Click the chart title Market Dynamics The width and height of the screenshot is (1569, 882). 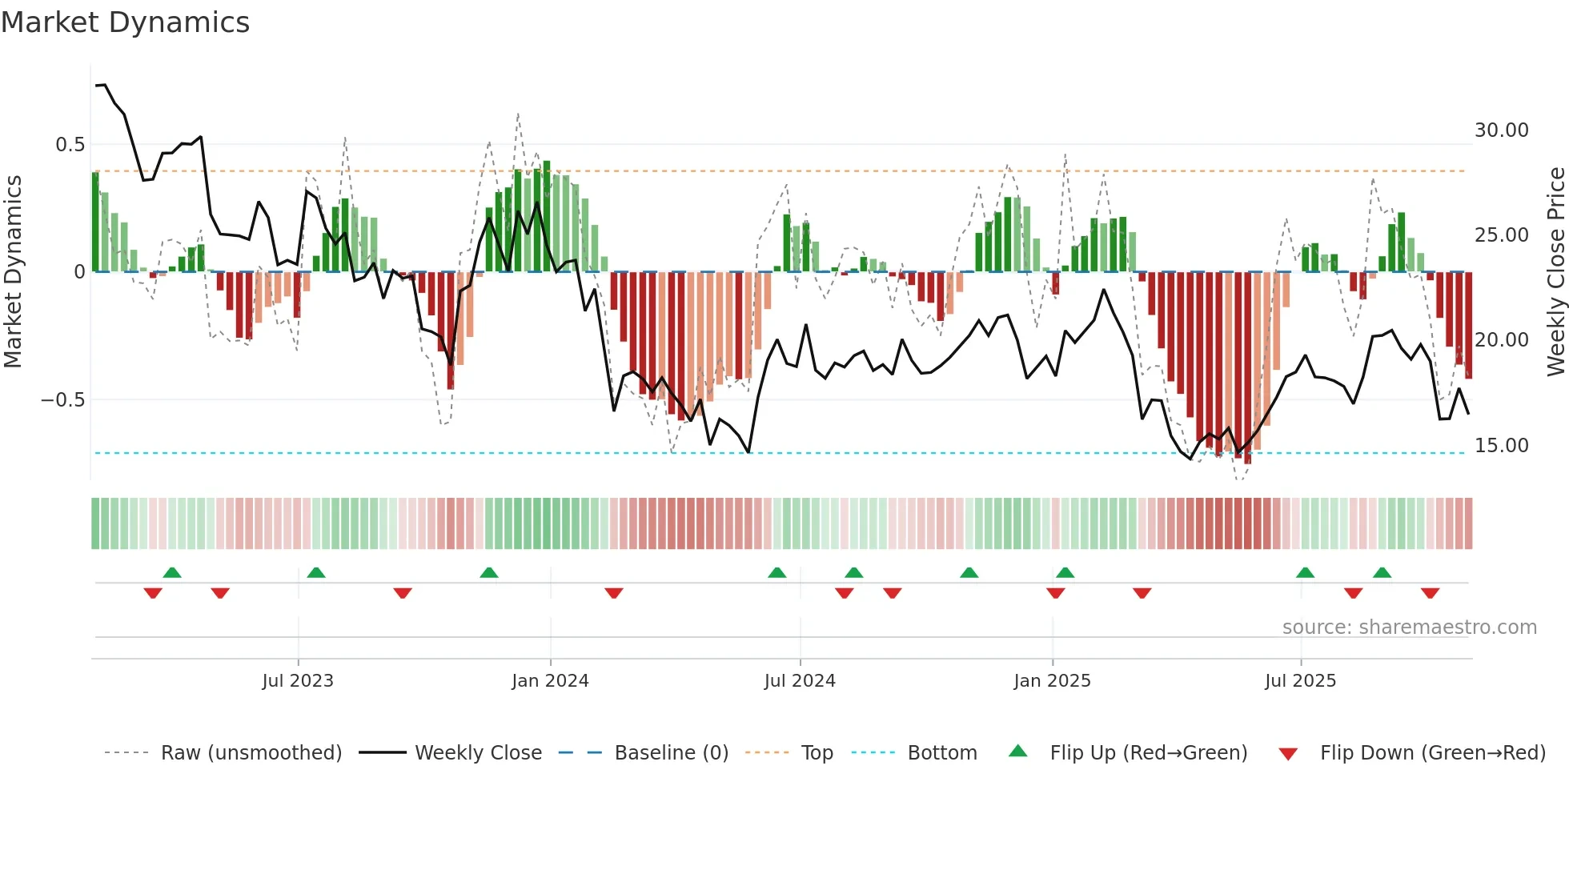(125, 22)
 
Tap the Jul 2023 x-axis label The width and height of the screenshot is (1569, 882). (298, 680)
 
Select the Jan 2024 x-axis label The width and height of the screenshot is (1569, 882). (550, 680)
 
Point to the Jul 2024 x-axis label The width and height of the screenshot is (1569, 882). (800, 680)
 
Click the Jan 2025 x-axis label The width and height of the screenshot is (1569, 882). (1052, 680)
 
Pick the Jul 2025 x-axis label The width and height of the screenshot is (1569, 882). (1300, 680)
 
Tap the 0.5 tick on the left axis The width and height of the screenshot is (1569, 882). (70, 145)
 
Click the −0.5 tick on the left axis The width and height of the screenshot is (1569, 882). (62, 399)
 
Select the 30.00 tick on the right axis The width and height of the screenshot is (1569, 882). (1501, 130)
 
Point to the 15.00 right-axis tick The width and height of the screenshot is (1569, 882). (1501, 446)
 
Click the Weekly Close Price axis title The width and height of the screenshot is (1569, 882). (1555, 272)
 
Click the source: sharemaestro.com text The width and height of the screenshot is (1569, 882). (1409, 627)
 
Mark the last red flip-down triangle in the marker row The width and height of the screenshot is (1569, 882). (1430, 593)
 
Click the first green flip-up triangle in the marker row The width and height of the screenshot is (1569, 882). (172, 572)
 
